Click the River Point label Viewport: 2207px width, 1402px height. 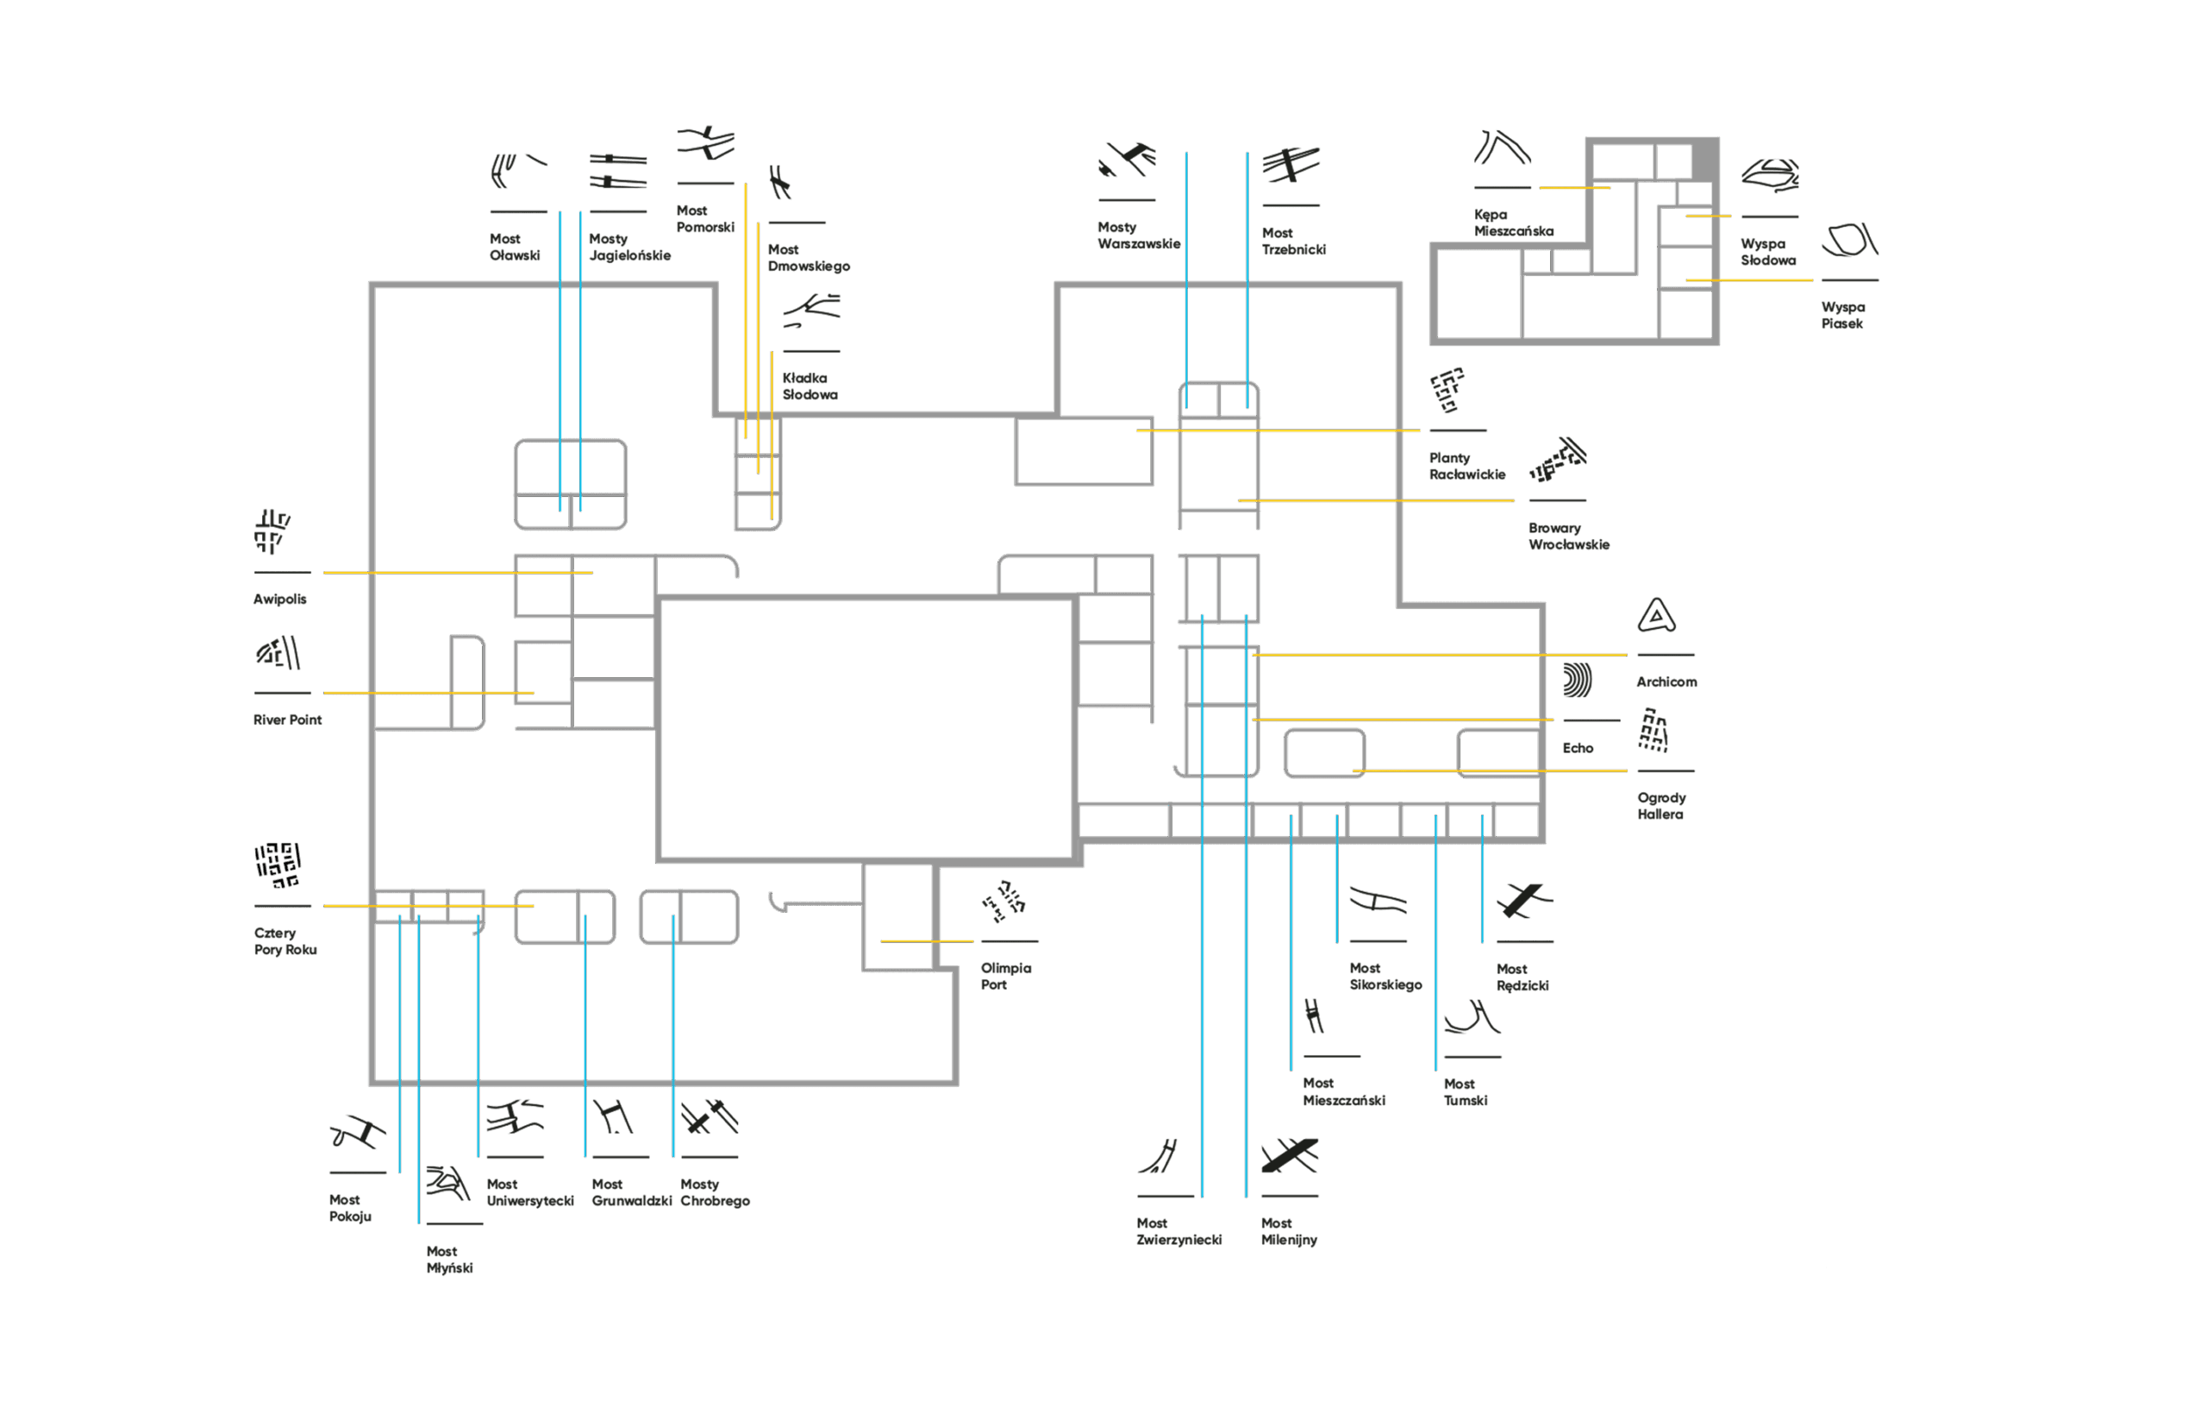click(x=287, y=720)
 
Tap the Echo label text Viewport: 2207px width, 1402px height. click(x=1578, y=748)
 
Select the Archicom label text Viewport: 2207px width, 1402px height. click(x=1666, y=682)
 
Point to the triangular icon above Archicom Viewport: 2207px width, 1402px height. click(x=1656, y=616)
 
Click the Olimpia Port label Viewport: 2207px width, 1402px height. click(x=1005, y=977)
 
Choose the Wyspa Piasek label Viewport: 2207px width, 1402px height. click(x=1842, y=316)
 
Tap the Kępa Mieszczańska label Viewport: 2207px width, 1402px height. click(x=1512, y=223)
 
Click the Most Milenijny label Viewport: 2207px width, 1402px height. click(x=1289, y=1231)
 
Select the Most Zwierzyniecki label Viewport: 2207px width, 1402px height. click(x=1178, y=1231)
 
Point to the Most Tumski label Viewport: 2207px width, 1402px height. click(x=1465, y=1092)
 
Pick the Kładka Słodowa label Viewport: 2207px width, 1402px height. click(x=810, y=386)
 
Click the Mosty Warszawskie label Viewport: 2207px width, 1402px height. click(x=1138, y=236)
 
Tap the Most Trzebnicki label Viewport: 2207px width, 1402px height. click(x=1293, y=242)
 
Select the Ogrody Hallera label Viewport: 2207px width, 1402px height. click(x=1660, y=806)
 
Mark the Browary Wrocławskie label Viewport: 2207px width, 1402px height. click(x=1568, y=537)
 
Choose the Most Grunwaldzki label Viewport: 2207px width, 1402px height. click(x=631, y=1193)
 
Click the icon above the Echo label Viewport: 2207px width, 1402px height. click(x=1578, y=681)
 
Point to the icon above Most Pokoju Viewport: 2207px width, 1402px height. click(x=358, y=1135)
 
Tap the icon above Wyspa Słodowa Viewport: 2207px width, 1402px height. click(x=1770, y=175)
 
